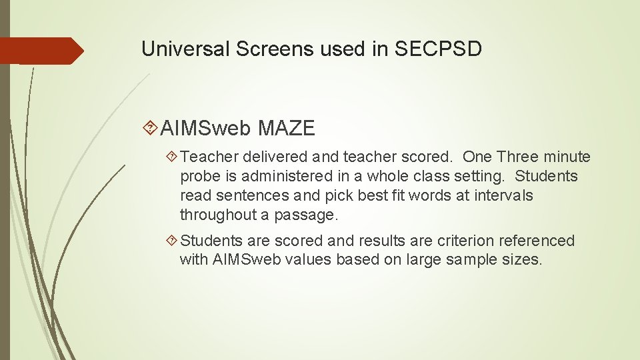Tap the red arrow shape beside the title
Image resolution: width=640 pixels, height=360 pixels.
(x=40, y=51)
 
